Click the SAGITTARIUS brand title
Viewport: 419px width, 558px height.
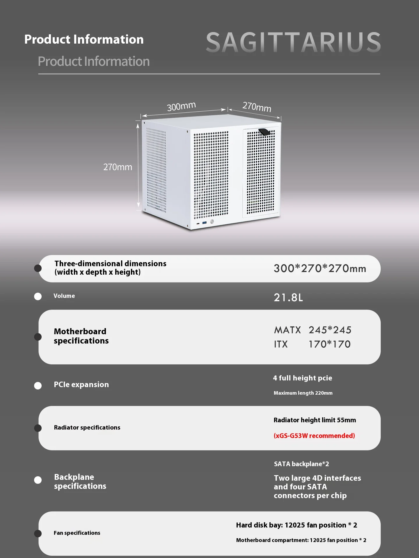click(293, 42)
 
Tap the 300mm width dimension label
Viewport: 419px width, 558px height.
click(181, 106)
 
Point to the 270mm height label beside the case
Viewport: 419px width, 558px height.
click(118, 167)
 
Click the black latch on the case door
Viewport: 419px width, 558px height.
click(264, 132)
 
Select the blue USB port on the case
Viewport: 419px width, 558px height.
click(204, 223)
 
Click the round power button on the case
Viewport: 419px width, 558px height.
click(212, 222)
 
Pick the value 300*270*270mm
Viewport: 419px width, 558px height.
click(320, 269)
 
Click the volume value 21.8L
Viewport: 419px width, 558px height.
click(288, 298)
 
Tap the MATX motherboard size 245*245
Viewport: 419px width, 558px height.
click(330, 330)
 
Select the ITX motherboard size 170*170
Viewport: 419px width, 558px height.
click(329, 344)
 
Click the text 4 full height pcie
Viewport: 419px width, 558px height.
click(302, 378)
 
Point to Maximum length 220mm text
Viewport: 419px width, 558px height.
click(303, 393)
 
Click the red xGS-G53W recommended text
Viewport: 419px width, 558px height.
click(314, 436)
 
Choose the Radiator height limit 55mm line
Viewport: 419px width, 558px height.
click(315, 420)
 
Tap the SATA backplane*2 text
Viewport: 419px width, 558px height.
click(301, 464)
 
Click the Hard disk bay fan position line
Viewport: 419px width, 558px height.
click(297, 525)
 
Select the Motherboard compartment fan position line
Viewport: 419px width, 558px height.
click(301, 540)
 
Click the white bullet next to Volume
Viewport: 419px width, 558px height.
click(38, 296)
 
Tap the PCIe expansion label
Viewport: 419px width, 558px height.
click(81, 384)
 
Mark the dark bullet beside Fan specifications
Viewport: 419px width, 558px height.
click(38, 533)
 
